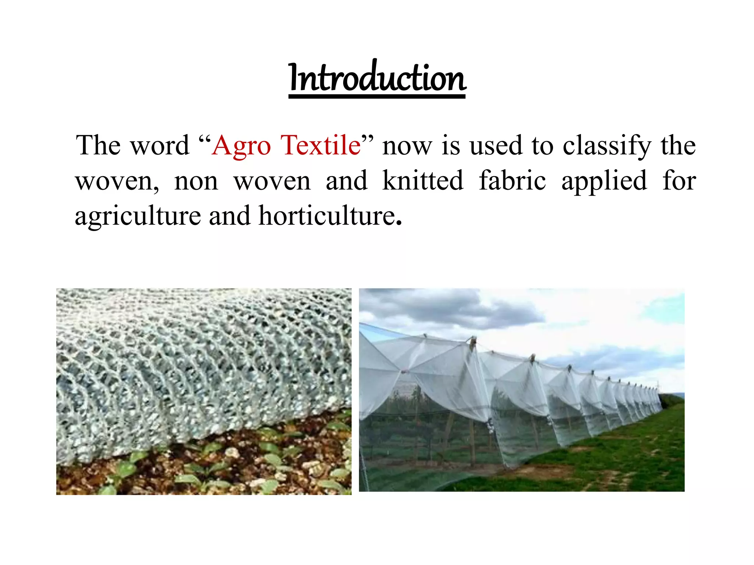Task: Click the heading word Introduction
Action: click(377, 78)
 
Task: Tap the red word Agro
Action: click(241, 146)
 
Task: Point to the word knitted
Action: click(423, 181)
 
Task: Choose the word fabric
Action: click(512, 181)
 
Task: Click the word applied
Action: click(604, 181)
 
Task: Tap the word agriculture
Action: click(138, 216)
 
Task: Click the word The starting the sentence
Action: click(98, 145)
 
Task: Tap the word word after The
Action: click(160, 146)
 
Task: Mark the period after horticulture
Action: click(399, 223)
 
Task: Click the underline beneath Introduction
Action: click(377, 96)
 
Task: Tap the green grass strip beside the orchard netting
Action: click(626, 456)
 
